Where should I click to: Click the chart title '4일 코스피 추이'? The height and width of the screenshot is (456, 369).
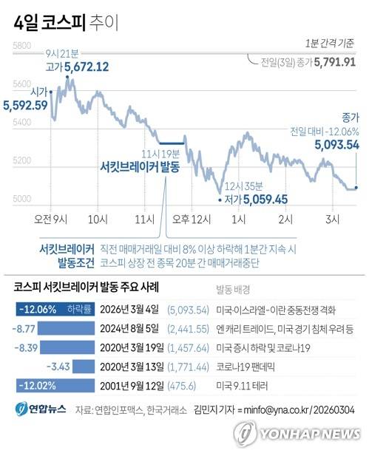pos(65,24)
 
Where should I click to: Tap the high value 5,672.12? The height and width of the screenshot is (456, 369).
pos(87,67)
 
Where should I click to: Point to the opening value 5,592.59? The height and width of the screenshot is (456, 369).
pos(26,105)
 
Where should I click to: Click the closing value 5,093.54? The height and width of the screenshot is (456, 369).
pos(336,146)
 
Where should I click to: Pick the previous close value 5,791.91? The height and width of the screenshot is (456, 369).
pos(335,62)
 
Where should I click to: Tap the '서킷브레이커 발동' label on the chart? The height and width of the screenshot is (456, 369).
pos(139,167)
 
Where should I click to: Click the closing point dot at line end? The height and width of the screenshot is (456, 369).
pos(356,188)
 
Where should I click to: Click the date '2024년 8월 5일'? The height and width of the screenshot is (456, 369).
pos(130,328)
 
